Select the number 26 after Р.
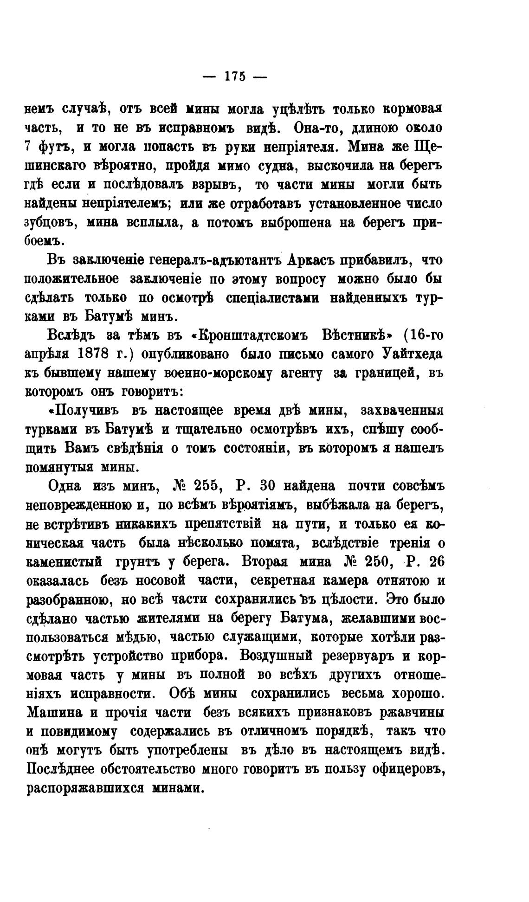[437, 562]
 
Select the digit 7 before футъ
[27, 147]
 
